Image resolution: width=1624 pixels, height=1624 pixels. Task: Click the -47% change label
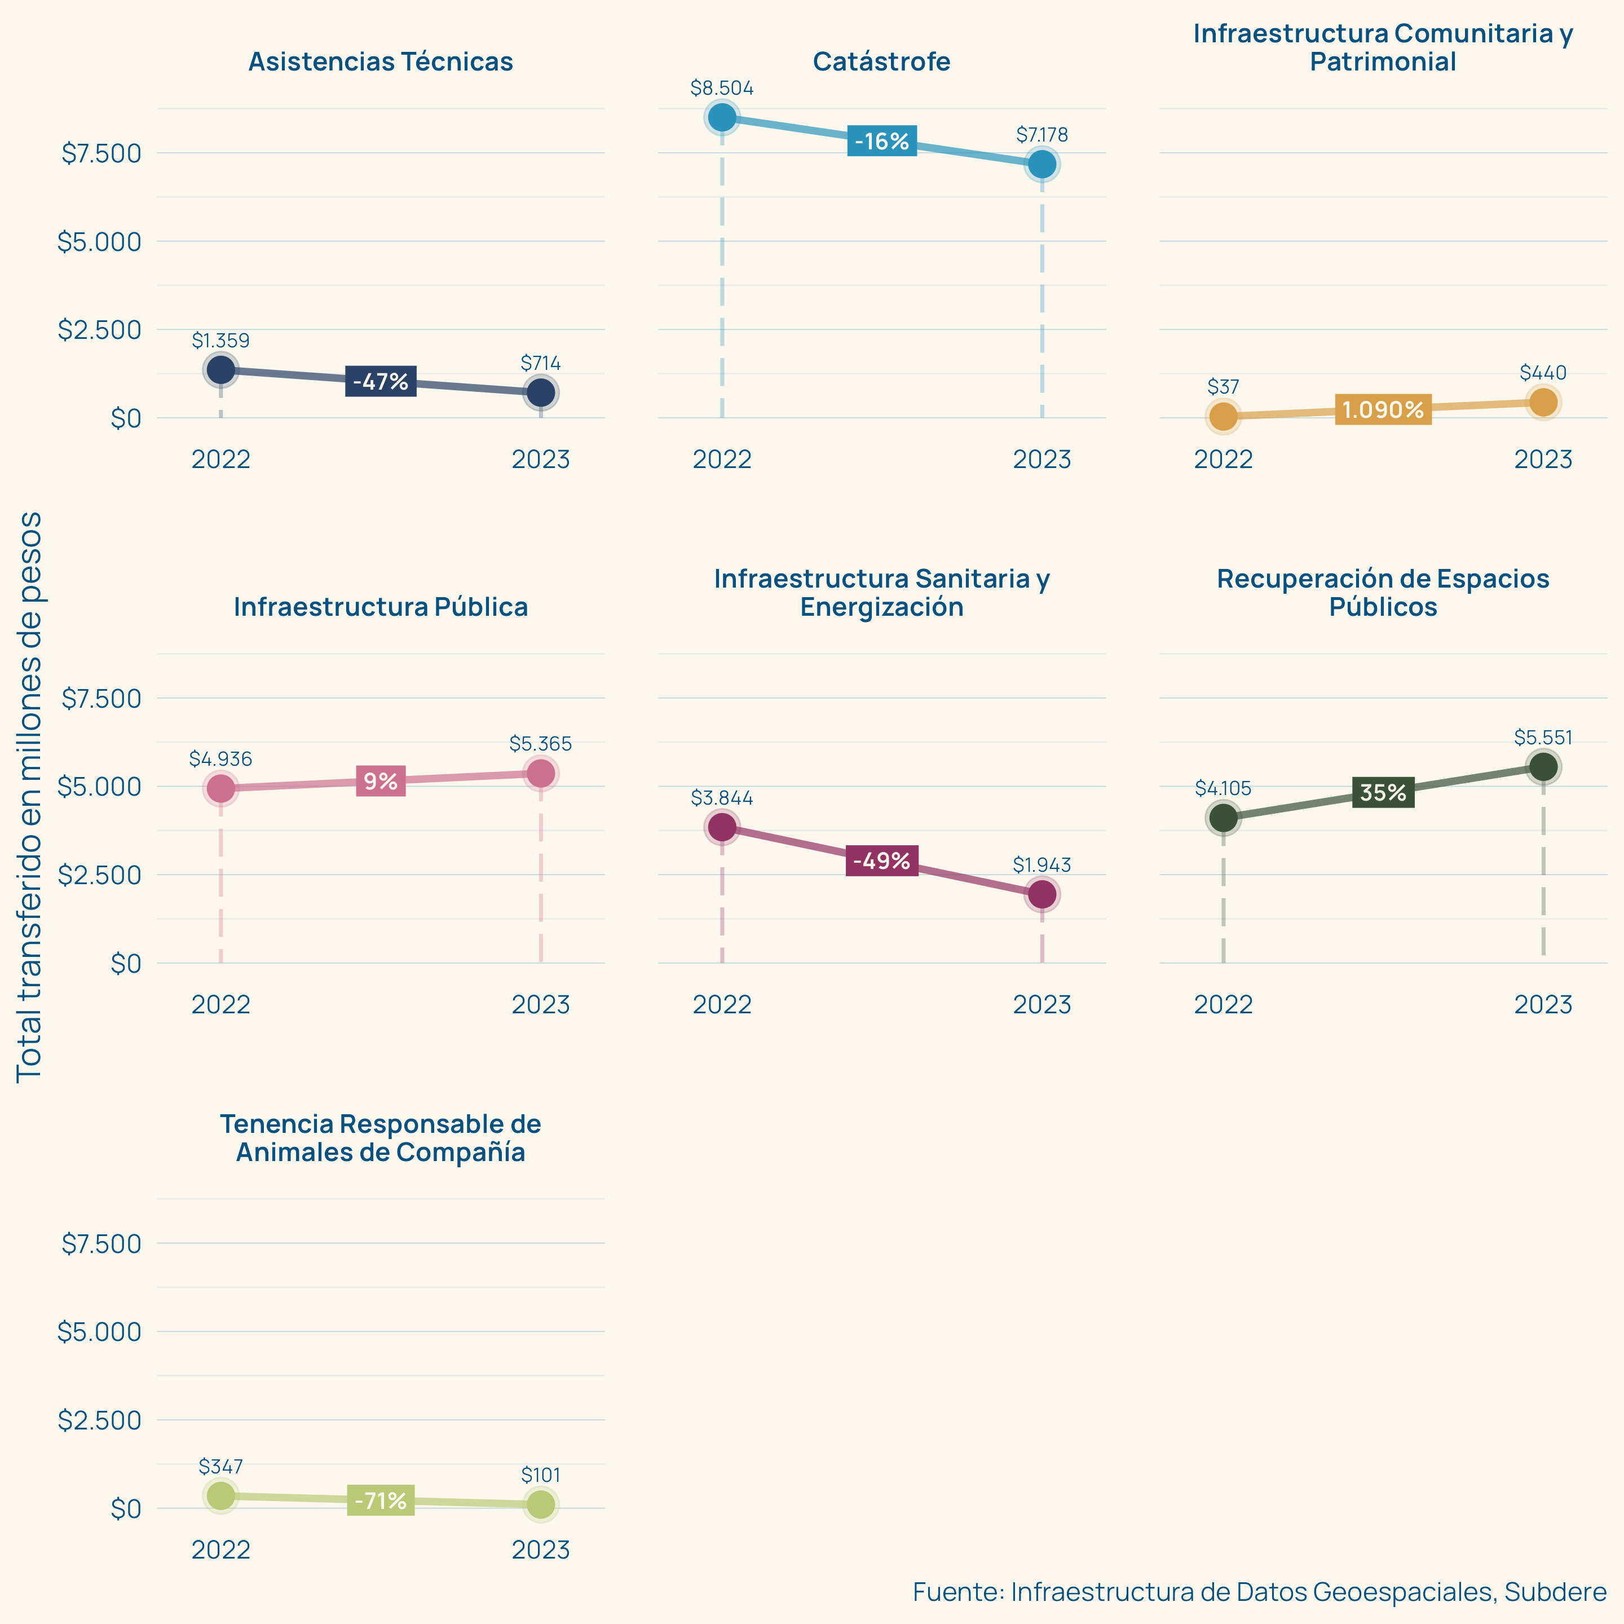(381, 382)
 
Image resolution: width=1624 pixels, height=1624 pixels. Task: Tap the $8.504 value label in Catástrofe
(722, 89)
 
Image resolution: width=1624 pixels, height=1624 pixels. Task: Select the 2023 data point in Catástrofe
(1042, 164)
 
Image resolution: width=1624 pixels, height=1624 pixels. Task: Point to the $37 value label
(1223, 387)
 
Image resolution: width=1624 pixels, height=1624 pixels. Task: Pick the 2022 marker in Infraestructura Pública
(220, 788)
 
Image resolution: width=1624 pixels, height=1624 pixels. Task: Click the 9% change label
(381, 782)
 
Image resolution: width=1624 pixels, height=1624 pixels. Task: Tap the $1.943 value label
(1042, 865)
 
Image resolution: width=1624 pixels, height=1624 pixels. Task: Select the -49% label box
(882, 860)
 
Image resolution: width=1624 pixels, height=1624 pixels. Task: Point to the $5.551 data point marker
(1543, 767)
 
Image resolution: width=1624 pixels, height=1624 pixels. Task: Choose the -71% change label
(381, 1501)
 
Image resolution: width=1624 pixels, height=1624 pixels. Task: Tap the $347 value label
(220, 1467)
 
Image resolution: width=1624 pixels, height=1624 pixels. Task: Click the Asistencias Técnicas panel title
(381, 61)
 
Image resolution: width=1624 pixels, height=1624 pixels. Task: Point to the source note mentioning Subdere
(1259, 1591)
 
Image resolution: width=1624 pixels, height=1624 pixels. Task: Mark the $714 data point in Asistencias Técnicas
(541, 392)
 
